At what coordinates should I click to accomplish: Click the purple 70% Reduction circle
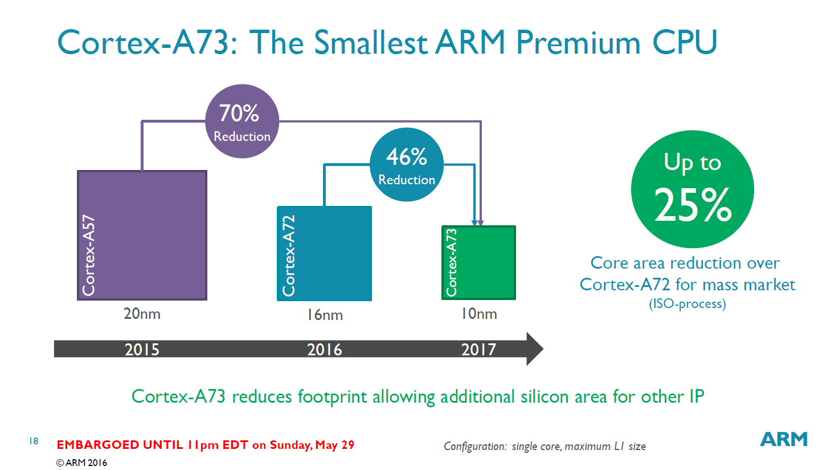(x=242, y=121)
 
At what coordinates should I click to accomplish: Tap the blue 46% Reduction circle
(x=406, y=165)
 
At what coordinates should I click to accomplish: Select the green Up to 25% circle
(x=692, y=189)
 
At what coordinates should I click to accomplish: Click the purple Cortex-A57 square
(x=142, y=235)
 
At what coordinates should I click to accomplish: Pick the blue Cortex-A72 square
(x=325, y=254)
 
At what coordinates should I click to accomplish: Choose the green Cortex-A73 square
(x=479, y=262)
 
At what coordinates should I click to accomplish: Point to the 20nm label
(x=142, y=314)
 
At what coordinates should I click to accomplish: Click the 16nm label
(x=325, y=315)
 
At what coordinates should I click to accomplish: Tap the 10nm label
(x=479, y=314)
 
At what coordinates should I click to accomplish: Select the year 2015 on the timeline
(x=142, y=349)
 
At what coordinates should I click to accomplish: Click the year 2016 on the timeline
(x=325, y=349)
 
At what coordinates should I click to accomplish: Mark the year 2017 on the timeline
(x=479, y=349)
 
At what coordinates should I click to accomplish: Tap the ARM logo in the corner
(x=784, y=439)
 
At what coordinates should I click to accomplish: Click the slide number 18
(x=34, y=441)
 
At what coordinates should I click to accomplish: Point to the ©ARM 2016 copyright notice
(x=81, y=463)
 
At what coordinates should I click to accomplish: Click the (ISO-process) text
(x=687, y=303)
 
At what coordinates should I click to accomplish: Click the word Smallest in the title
(x=370, y=43)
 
